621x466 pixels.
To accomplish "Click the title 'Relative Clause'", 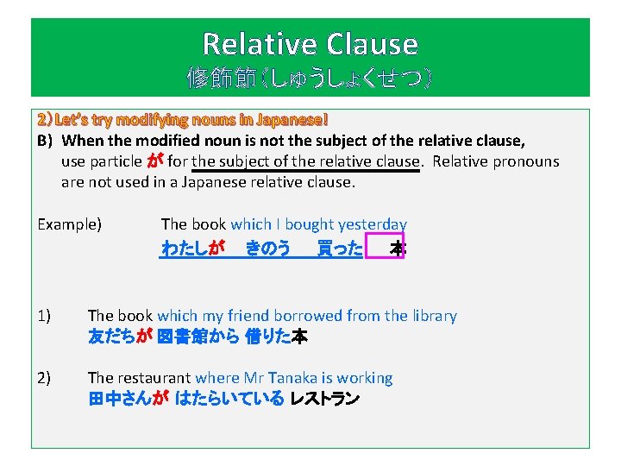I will [x=310, y=43].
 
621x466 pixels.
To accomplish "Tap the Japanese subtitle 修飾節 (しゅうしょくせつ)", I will [x=310, y=80].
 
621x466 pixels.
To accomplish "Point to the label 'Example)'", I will [x=70, y=224].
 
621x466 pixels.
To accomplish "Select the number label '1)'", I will [x=44, y=316].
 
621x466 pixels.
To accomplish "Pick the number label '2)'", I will [x=44, y=378].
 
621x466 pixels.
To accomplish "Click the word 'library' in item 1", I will [x=431, y=316].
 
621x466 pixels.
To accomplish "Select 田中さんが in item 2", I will [x=128, y=400].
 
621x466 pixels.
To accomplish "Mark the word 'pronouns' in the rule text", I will [x=527, y=161].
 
